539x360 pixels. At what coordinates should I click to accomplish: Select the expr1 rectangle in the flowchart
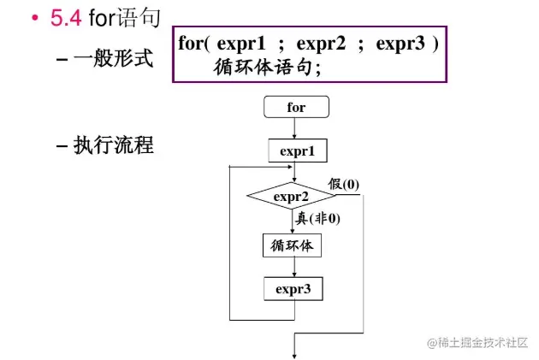click(293, 150)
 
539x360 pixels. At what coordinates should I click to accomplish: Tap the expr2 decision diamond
click(291, 197)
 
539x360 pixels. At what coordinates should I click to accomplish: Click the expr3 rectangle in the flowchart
click(293, 289)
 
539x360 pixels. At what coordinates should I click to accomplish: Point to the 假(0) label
click(344, 184)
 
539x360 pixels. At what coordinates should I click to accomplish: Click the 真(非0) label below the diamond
click(317, 218)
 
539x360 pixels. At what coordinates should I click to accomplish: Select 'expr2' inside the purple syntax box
click(325, 44)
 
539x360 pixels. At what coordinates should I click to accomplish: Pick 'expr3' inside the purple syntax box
click(401, 44)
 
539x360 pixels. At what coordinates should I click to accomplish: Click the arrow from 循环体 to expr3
click(293, 267)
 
